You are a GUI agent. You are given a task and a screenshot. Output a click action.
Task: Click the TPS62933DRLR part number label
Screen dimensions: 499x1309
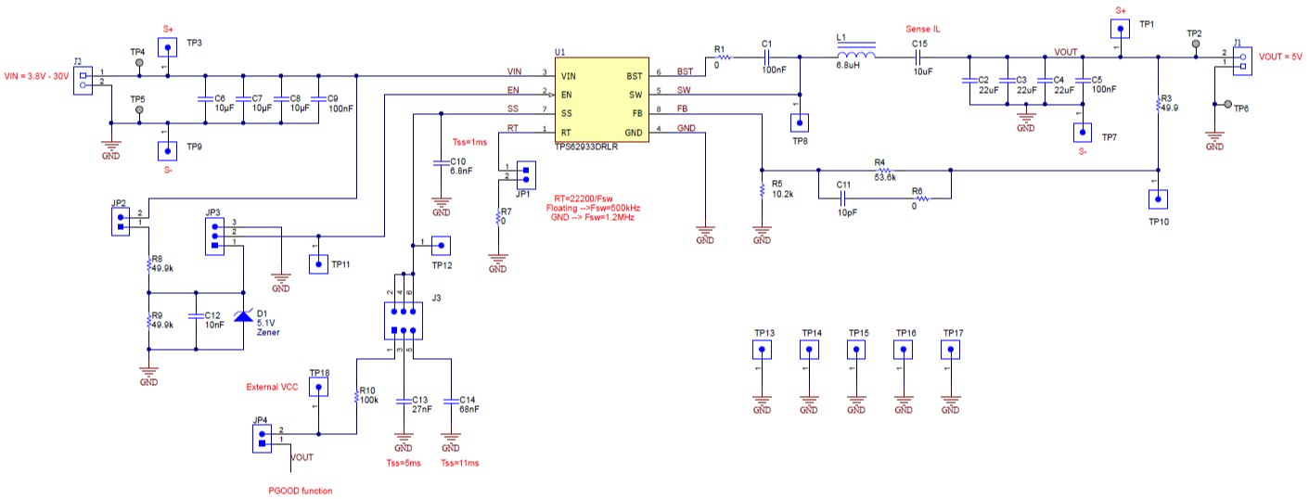pyautogui.click(x=586, y=147)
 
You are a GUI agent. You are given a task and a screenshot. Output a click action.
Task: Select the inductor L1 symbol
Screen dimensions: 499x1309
pyautogui.click(x=856, y=56)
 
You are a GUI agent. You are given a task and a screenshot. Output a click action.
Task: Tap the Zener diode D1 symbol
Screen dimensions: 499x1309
pyautogui.click(x=243, y=316)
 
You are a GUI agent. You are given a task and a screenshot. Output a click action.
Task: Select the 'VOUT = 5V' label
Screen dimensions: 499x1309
pyautogui.click(x=1280, y=57)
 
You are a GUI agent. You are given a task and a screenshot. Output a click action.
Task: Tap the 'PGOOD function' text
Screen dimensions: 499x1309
pyautogui.click(x=300, y=490)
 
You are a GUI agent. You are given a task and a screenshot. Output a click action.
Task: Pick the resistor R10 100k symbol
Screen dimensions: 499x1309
pyautogui.click(x=355, y=398)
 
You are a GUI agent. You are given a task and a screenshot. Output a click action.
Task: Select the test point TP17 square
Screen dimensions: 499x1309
pyautogui.click(x=950, y=351)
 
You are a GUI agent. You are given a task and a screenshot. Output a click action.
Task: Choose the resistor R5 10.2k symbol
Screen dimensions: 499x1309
pyautogui.click(x=762, y=190)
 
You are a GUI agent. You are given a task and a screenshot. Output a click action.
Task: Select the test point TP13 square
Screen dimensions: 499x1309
pyautogui.click(x=762, y=351)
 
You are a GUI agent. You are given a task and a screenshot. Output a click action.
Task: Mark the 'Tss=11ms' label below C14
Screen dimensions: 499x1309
pyautogui.click(x=461, y=464)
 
